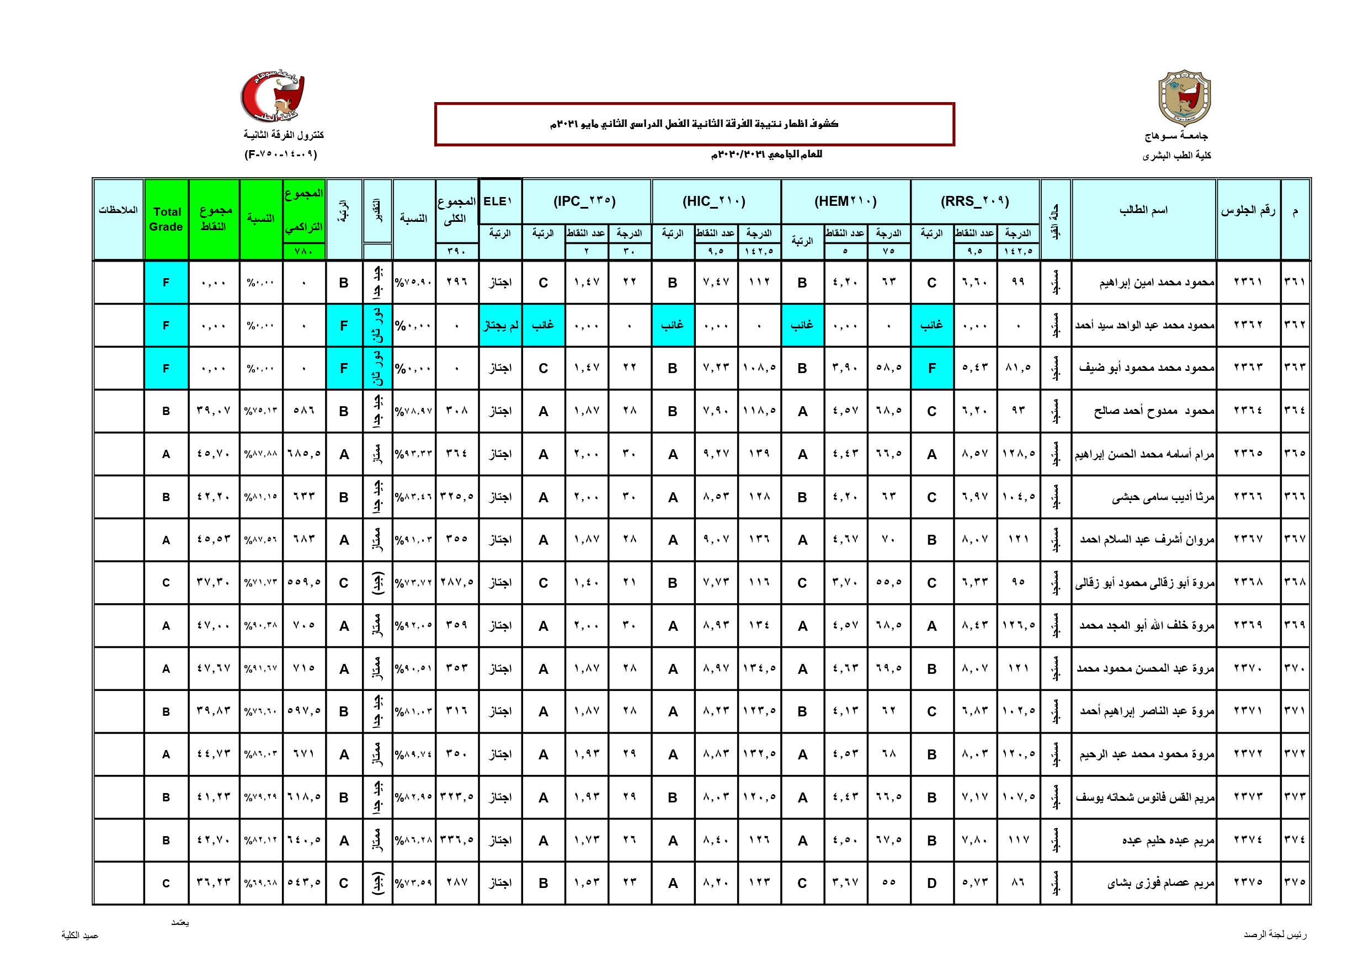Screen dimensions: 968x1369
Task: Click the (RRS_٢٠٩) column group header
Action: click(x=975, y=201)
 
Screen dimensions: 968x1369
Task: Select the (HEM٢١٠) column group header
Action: click(x=845, y=201)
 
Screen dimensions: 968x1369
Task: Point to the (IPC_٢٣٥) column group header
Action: click(x=585, y=201)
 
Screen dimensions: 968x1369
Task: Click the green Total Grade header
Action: click(x=166, y=219)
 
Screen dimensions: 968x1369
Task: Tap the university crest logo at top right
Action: click(x=1184, y=97)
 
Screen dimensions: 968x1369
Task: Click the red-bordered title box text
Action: click(x=694, y=124)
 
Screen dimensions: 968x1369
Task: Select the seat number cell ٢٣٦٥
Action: click(x=1248, y=453)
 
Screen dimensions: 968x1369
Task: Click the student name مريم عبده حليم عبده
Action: click(x=1168, y=841)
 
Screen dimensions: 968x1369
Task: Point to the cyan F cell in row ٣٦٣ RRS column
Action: click(x=931, y=368)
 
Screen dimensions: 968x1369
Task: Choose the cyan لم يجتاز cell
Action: click(x=500, y=325)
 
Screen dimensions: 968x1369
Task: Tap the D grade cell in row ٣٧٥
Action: click(x=931, y=884)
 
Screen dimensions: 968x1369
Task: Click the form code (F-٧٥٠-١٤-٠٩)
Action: click(x=281, y=155)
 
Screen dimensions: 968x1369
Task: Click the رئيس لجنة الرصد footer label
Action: click(x=1275, y=934)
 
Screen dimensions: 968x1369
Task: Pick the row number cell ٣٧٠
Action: click(x=1295, y=668)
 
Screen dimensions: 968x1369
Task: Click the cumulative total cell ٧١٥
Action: click(x=303, y=668)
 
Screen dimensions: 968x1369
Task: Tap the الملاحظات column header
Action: click(x=118, y=210)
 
